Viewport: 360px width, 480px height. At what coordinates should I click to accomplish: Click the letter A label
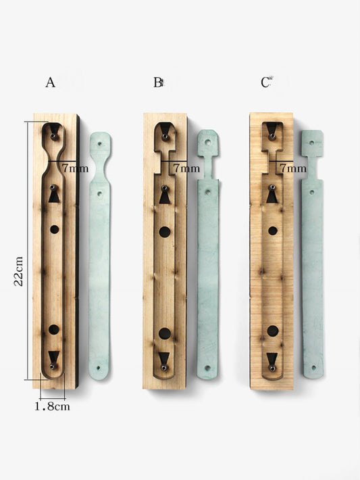pyautogui.click(x=51, y=82)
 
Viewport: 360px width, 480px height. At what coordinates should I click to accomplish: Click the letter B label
pyautogui.click(x=158, y=82)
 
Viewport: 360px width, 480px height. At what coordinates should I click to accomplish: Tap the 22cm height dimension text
pyautogui.click(x=18, y=271)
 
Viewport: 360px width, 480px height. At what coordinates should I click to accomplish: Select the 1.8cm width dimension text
pyautogui.click(x=52, y=406)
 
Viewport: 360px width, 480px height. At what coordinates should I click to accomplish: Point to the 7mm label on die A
pyautogui.click(x=75, y=168)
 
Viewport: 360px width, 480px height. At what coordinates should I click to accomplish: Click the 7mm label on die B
pyautogui.click(x=186, y=168)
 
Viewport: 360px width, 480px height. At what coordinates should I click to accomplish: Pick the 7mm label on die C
pyautogui.click(x=293, y=168)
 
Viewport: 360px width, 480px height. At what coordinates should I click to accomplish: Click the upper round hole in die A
pyautogui.click(x=55, y=229)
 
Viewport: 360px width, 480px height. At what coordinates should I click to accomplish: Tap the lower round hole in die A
pyautogui.click(x=54, y=330)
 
